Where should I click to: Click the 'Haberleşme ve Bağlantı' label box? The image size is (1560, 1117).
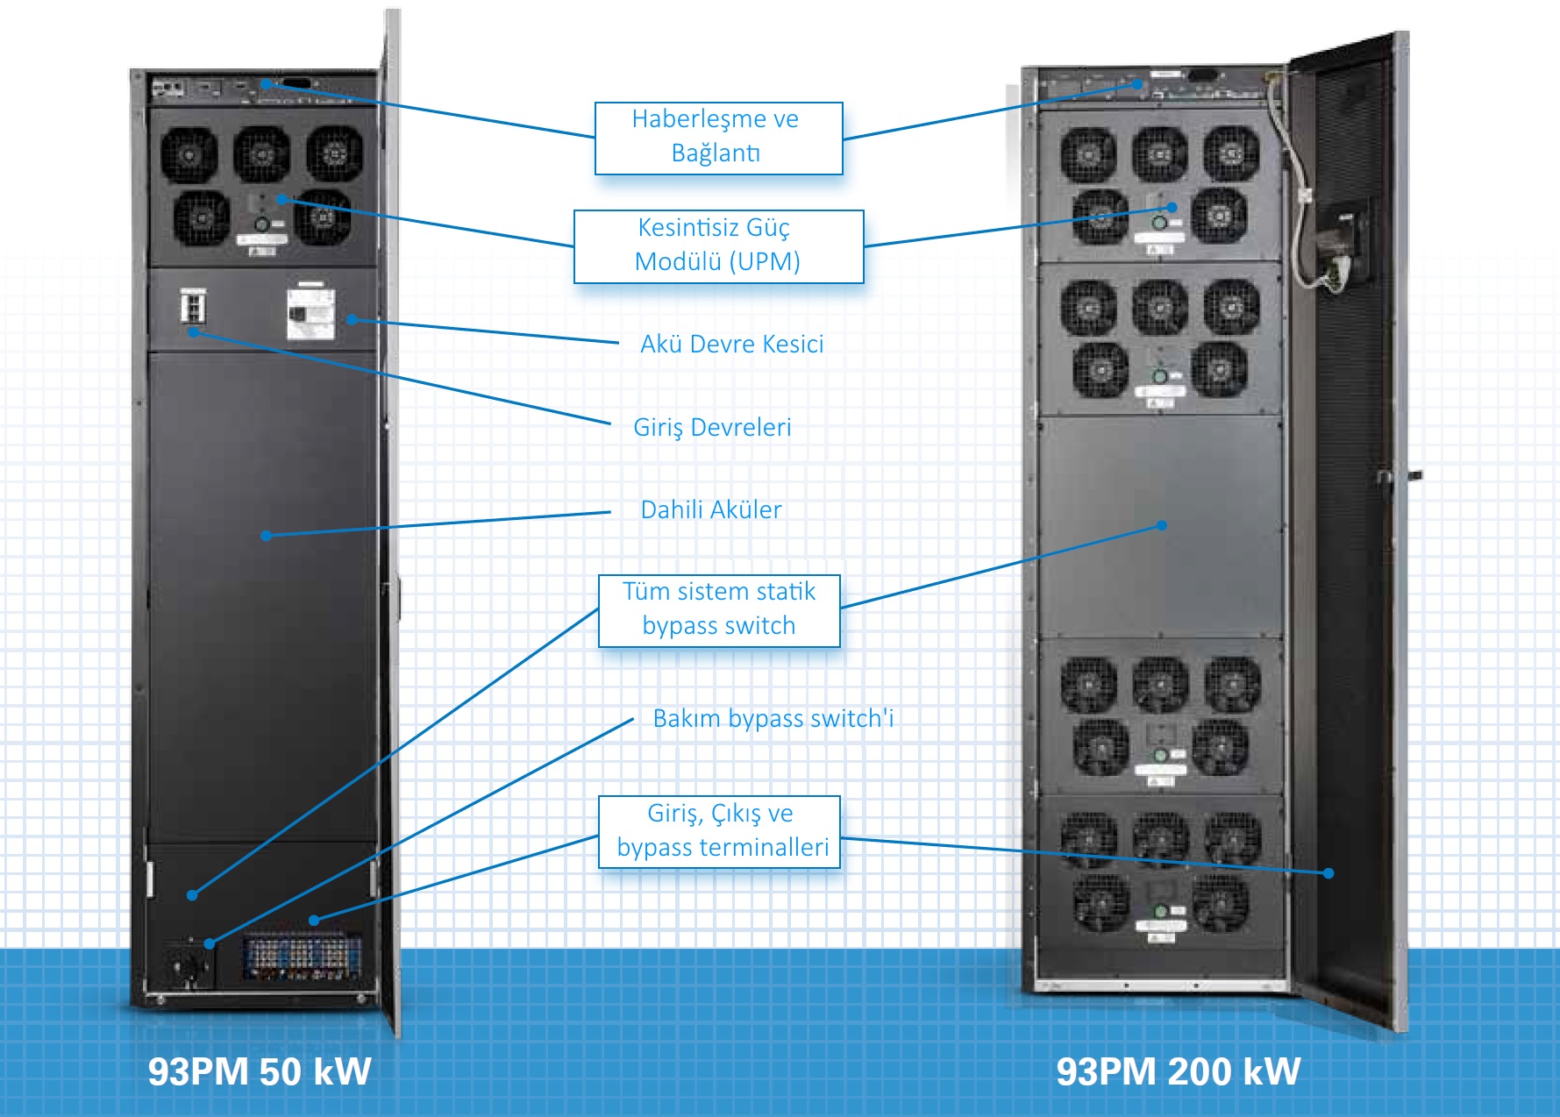click(x=718, y=138)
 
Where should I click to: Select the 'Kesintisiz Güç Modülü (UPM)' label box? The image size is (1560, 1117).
click(x=718, y=245)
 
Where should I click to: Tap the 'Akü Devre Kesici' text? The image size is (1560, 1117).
click(x=731, y=344)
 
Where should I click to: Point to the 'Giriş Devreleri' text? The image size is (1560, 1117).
click(x=712, y=427)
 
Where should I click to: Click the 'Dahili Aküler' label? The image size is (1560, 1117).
click(x=710, y=509)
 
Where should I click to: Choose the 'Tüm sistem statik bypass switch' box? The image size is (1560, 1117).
click(x=719, y=610)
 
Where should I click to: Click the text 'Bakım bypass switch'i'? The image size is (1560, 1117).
click(x=773, y=718)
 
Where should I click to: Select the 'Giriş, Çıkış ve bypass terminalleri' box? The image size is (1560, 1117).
click(x=719, y=831)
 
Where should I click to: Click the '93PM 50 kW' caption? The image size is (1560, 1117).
click(x=260, y=1071)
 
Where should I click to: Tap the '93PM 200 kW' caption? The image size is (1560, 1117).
click(x=1178, y=1071)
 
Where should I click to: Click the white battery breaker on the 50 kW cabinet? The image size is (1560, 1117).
click(x=310, y=314)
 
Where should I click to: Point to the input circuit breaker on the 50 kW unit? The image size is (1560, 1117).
click(x=193, y=306)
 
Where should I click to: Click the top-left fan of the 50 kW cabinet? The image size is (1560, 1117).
click(x=189, y=154)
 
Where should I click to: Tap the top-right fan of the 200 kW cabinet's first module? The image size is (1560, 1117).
click(x=1230, y=153)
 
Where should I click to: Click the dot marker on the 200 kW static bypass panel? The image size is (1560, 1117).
click(x=1161, y=525)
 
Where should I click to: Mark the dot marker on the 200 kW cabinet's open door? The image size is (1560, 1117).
click(x=1328, y=872)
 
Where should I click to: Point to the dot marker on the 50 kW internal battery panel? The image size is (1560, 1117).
click(x=266, y=535)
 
